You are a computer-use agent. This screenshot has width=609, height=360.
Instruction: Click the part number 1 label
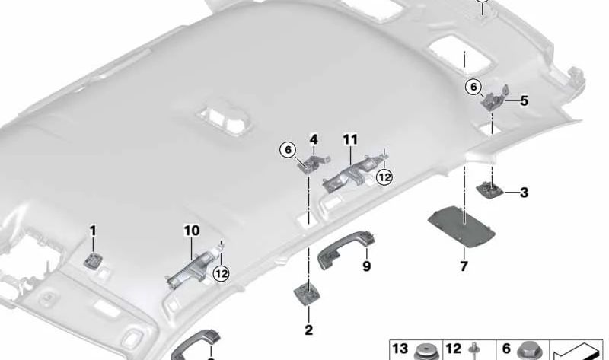tap(92, 231)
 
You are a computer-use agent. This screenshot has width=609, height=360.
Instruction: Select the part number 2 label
tap(309, 330)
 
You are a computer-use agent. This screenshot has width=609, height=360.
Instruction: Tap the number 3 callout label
tap(524, 193)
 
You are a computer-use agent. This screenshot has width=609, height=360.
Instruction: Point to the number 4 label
tap(314, 139)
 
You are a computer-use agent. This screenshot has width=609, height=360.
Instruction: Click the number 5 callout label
tap(524, 101)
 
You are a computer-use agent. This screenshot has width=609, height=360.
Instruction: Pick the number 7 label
tap(464, 266)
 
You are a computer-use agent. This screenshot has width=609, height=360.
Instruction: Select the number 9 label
tap(366, 266)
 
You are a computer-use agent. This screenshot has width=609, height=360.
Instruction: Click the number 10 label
tap(192, 231)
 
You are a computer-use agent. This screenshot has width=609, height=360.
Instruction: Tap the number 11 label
tap(350, 139)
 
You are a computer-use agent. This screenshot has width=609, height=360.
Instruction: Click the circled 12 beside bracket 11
tap(384, 177)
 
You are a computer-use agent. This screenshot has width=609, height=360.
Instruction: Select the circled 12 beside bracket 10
tap(222, 274)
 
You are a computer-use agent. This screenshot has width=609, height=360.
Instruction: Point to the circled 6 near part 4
tap(288, 149)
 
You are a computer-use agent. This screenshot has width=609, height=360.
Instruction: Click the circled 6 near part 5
tap(473, 87)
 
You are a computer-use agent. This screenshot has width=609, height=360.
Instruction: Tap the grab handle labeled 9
tap(346, 249)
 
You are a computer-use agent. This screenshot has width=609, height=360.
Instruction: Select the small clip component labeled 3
tap(490, 191)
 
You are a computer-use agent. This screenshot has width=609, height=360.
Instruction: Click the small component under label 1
tap(93, 260)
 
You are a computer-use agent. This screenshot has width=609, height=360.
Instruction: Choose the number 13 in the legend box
tap(400, 349)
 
